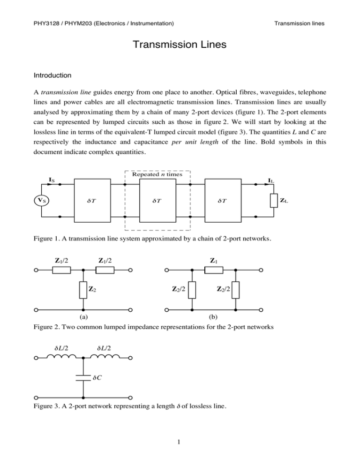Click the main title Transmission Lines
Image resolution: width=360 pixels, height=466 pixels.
pyautogui.click(x=180, y=45)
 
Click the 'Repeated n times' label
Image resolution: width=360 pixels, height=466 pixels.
pyautogui.click(x=157, y=174)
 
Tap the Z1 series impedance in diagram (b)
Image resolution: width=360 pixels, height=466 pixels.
pyautogui.click(x=214, y=271)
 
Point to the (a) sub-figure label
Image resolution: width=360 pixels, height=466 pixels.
pyautogui.click(x=83, y=317)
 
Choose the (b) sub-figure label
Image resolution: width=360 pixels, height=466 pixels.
pyautogui.click(x=214, y=317)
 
